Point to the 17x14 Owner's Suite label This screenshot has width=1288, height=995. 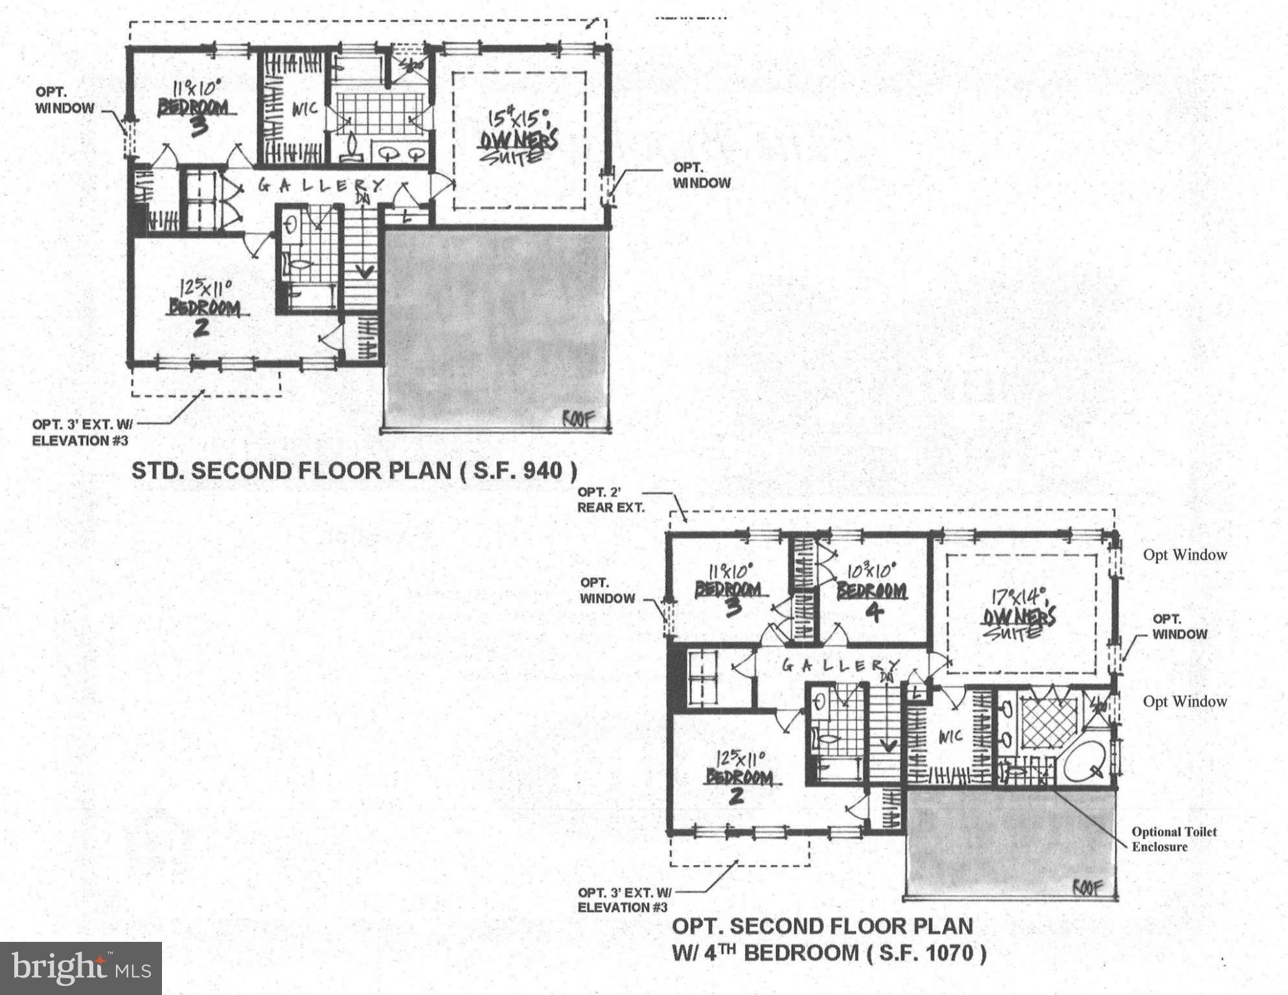[x=1018, y=615]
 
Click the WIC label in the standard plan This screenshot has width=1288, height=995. [x=304, y=109]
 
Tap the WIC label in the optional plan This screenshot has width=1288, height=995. [x=950, y=737]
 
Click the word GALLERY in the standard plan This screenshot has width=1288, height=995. [x=321, y=186]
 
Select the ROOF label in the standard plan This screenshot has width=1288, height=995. [x=577, y=419]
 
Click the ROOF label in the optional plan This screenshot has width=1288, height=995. [x=1087, y=887]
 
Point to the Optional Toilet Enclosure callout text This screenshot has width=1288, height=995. [x=1173, y=839]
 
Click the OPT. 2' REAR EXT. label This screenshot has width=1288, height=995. [x=610, y=499]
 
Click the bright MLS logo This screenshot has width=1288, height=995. [x=80, y=968]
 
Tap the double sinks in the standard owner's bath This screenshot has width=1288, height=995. [x=402, y=154]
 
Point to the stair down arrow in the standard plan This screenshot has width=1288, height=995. [x=365, y=271]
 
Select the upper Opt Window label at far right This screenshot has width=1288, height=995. [x=1184, y=555]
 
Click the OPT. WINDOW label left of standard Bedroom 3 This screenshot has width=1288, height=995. [x=64, y=100]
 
